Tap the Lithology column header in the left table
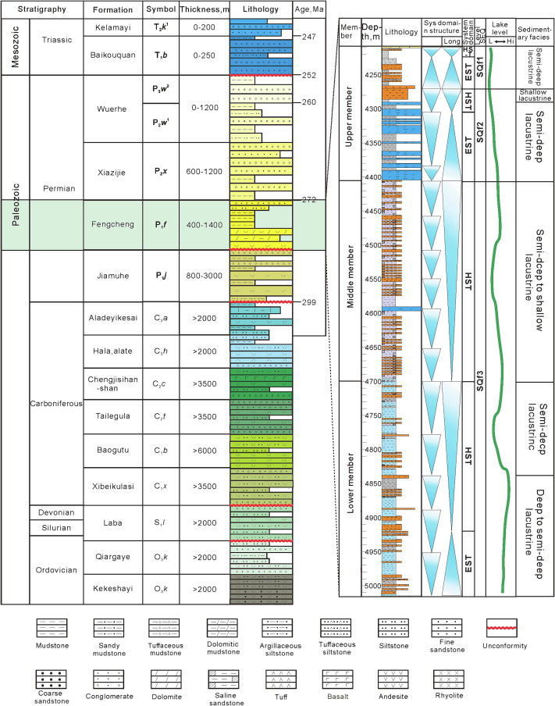pos(261,11)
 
